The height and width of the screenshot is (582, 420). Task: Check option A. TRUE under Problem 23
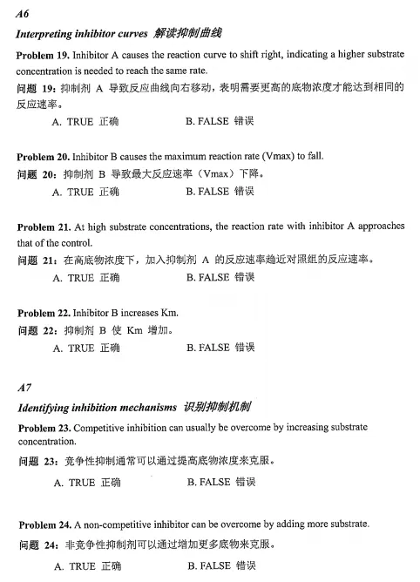click(86, 482)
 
